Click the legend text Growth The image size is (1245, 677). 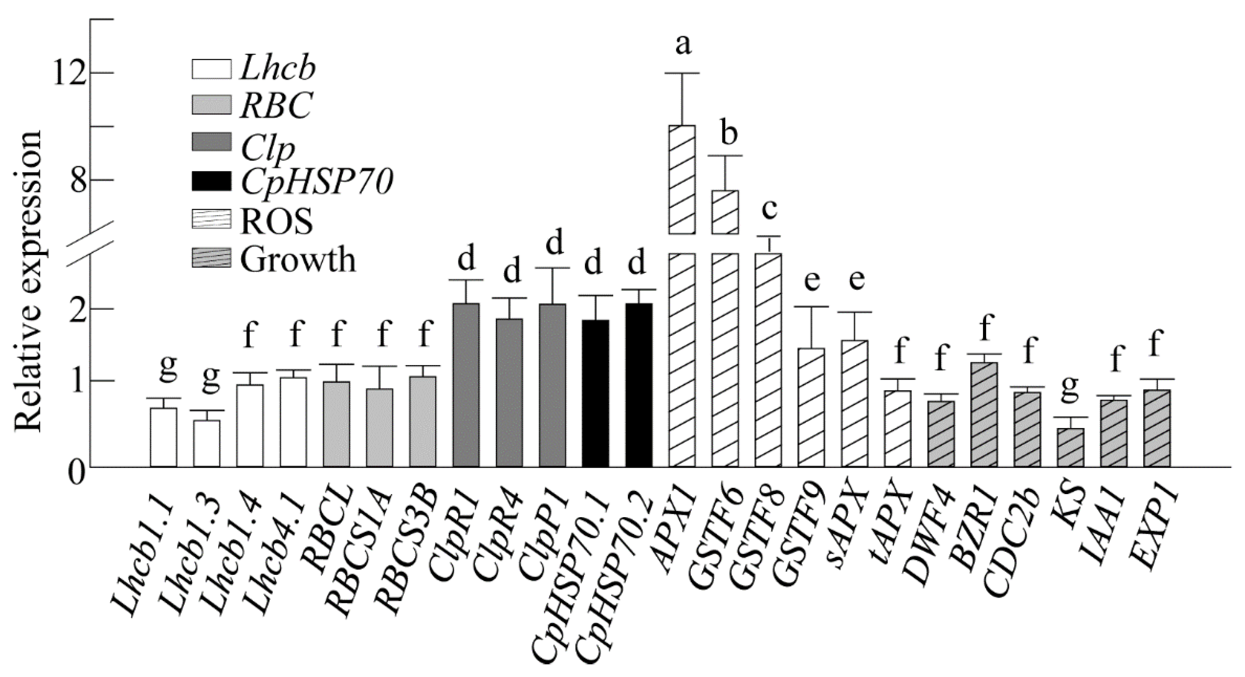[298, 260]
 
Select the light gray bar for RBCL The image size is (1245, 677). [337, 424]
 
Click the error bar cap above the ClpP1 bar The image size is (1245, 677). [552, 268]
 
